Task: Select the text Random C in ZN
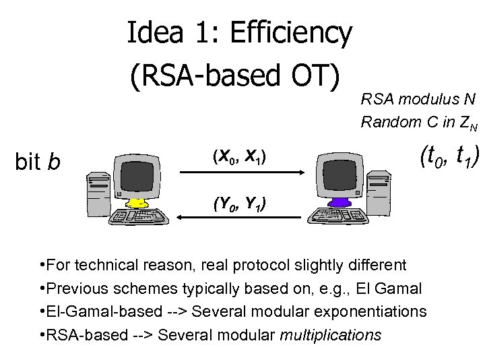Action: coord(418,123)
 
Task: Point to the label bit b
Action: coord(38,162)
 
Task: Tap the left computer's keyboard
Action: coord(138,214)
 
